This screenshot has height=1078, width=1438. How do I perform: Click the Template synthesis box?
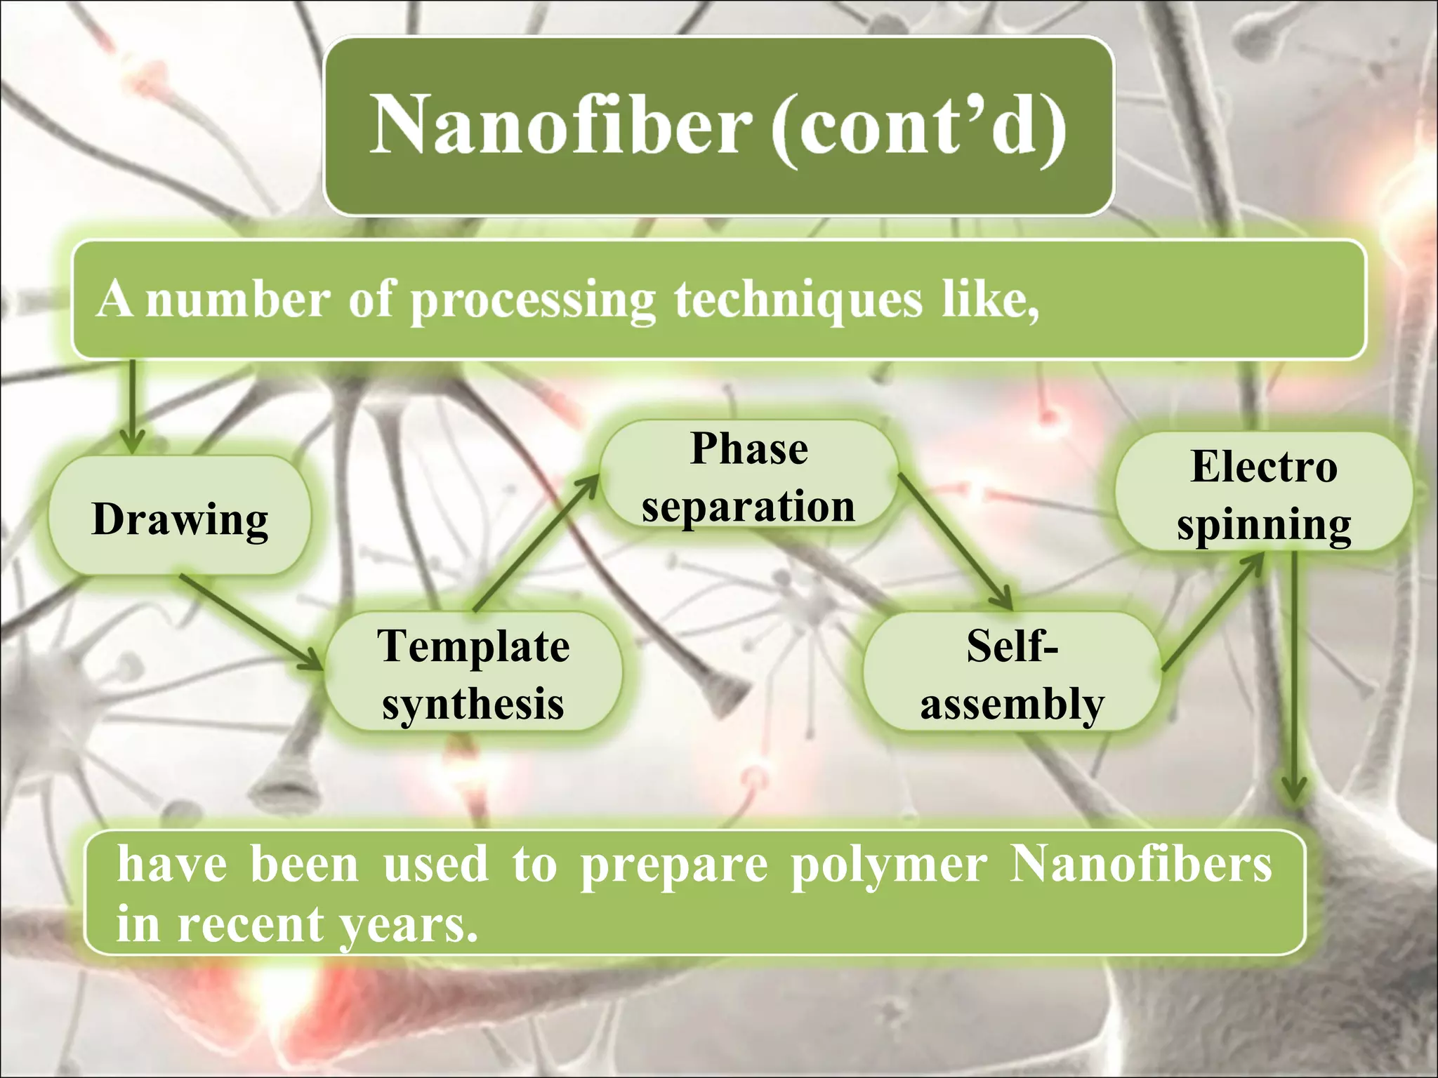coord(473,672)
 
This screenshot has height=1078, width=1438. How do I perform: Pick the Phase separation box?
coord(748,476)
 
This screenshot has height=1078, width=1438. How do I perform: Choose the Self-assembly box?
coord(1011,672)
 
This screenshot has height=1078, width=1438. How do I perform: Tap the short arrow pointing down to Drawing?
coord(131,407)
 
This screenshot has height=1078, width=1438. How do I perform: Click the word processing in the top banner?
coord(532,300)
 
